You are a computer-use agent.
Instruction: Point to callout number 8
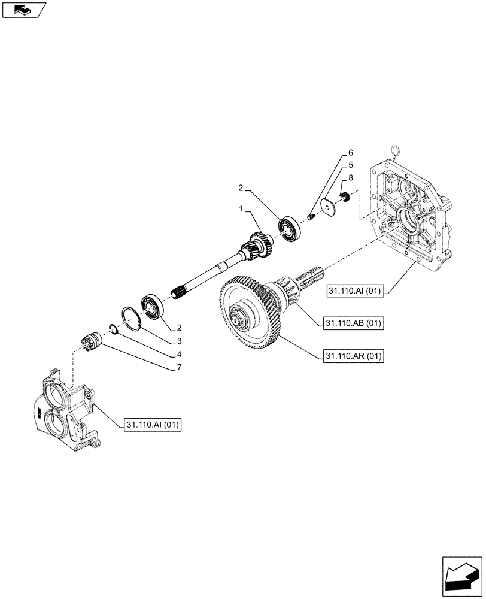(351, 178)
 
